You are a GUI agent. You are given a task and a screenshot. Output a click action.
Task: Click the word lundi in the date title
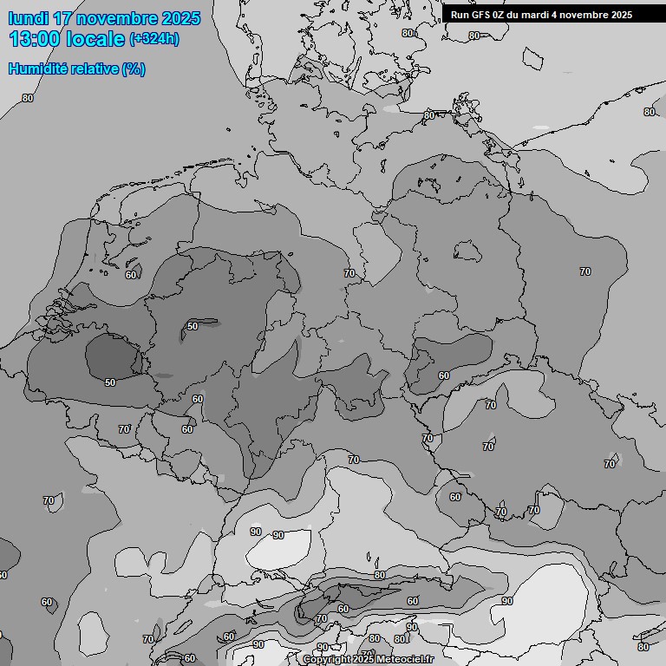click(x=28, y=18)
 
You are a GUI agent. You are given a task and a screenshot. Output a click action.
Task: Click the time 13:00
click(x=36, y=39)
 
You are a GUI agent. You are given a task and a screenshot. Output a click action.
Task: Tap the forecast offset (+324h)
click(x=154, y=39)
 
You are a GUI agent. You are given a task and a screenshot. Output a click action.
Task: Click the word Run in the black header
click(x=460, y=15)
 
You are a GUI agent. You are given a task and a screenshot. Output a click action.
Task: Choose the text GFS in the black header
click(x=481, y=15)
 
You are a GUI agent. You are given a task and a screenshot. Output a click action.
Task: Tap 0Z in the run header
click(x=501, y=15)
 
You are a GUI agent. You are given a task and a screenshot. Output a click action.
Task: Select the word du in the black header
click(x=518, y=15)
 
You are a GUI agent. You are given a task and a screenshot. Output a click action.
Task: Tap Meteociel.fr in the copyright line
click(x=404, y=660)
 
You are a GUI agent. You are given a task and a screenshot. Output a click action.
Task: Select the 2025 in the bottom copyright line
click(x=362, y=660)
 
